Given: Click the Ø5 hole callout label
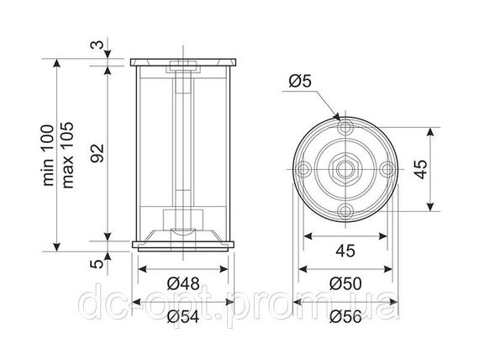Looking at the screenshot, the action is tap(300, 82).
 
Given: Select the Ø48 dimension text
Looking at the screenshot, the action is tap(183, 283).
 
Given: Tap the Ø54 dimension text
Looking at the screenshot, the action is tap(183, 316).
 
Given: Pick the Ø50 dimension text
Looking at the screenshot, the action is tap(345, 283).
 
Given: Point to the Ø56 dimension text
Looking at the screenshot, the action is tap(345, 316).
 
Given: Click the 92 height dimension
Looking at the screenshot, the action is tap(97, 153).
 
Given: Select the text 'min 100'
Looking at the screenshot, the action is tap(48, 155).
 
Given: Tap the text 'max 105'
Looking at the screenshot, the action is tap(67, 155).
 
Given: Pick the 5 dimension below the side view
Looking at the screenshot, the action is tap(97, 263).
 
